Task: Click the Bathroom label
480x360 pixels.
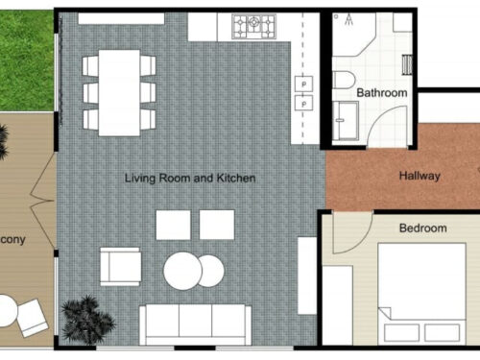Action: [x=382, y=93]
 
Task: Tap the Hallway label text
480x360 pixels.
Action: [x=420, y=176]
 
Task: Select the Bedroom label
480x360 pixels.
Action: [x=422, y=228]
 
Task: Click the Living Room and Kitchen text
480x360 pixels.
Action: [x=191, y=178]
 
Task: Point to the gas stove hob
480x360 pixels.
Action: [x=257, y=26]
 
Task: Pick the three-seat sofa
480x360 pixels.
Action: [x=196, y=324]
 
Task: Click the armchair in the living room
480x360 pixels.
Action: [x=120, y=266]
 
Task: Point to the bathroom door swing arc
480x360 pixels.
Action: [x=394, y=125]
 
